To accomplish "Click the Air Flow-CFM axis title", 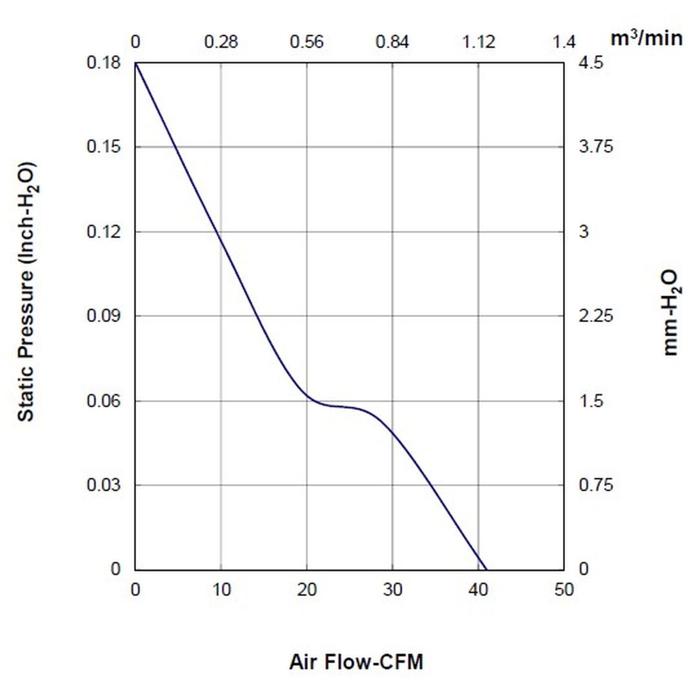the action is pyautogui.click(x=356, y=662).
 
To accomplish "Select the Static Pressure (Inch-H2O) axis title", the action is pyautogui.click(x=27, y=292).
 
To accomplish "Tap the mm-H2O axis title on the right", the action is pyautogui.click(x=671, y=312).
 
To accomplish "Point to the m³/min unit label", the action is pyautogui.click(x=647, y=38).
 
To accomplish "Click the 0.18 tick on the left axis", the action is pyautogui.click(x=103, y=63).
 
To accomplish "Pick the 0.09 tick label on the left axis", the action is pyautogui.click(x=103, y=316).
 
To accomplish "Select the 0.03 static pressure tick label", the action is pyautogui.click(x=103, y=485).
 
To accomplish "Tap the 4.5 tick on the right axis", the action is pyautogui.click(x=591, y=63).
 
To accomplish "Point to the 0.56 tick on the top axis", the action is pyautogui.click(x=307, y=42).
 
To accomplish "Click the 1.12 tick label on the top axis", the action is pyautogui.click(x=478, y=42).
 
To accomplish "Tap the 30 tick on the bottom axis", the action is pyautogui.click(x=392, y=590).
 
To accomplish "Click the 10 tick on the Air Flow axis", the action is pyautogui.click(x=221, y=590).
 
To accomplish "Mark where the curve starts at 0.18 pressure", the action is pyautogui.click(x=135, y=63).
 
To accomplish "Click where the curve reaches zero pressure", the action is pyautogui.click(x=486, y=570).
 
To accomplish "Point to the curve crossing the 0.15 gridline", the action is pyautogui.click(x=177, y=147).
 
